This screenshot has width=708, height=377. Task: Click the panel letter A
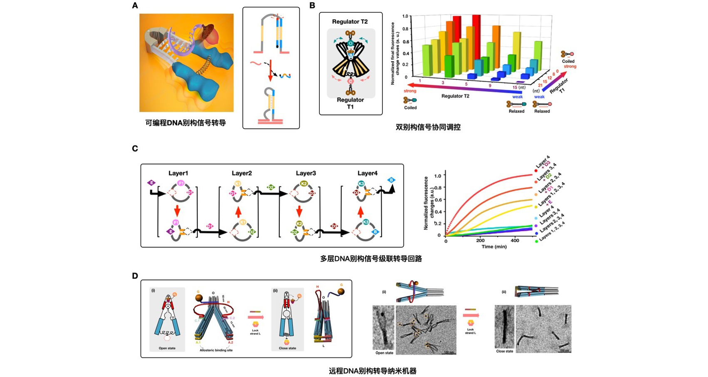coord(135,5)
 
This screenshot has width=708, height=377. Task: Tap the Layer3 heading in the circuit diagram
coord(306,173)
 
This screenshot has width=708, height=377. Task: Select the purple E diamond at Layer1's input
coord(151,183)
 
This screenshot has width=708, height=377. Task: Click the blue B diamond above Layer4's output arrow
coord(391,180)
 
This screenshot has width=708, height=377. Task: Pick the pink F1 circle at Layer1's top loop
coord(181,183)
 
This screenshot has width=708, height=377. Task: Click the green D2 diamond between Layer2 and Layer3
coord(271,188)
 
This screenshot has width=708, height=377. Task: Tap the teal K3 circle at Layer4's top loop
coord(361,184)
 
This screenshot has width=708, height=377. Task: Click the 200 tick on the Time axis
coord(480,241)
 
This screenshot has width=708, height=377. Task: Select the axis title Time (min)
coord(494,247)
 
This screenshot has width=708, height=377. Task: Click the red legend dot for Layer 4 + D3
coord(536,171)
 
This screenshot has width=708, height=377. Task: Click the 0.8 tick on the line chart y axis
coord(437,188)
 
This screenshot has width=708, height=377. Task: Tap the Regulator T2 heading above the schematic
coord(350,22)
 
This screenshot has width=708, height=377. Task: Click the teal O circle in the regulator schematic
coord(350,43)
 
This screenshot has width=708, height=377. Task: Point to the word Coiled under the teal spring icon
coord(410,108)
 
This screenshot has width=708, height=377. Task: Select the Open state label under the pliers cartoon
coord(167,348)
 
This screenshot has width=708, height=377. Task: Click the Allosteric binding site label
coord(216,350)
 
